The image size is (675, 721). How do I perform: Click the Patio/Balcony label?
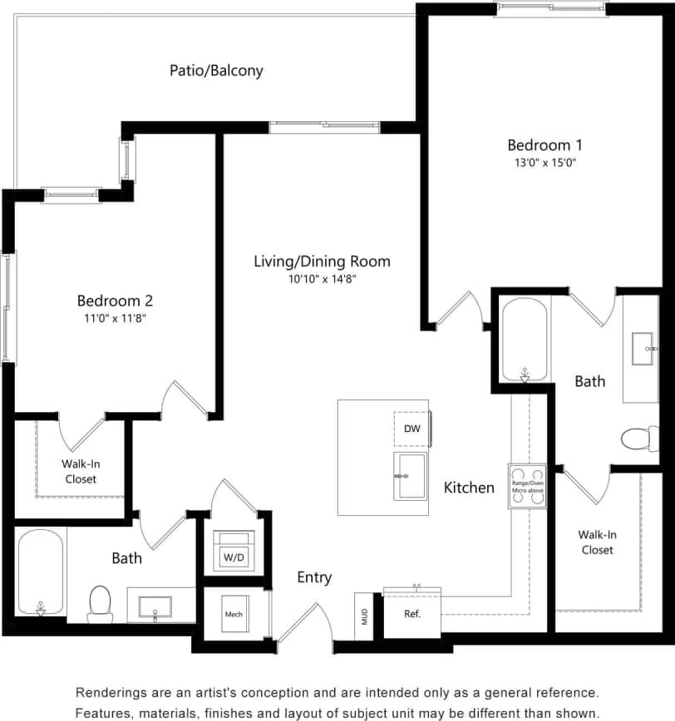pyautogui.click(x=216, y=71)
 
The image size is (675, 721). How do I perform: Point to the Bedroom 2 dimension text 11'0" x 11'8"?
pyautogui.click(x=115, y=318)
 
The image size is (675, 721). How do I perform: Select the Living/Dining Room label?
pyautogui.click(x=322, y=262)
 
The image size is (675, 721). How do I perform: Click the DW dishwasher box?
pyautogui.click(x=411, y=429)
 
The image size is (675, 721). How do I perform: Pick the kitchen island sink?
pyautogui.click(x=411, y=476)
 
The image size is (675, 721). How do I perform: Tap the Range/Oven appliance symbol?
pyautogui.click(x=528, y=486)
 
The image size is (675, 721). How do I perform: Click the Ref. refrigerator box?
pyautogui.click(x=411, y=615)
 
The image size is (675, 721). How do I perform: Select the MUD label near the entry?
pyautogui.click(x=364, y=616)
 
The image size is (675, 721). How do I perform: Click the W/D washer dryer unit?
pyautogui.click(x=233, y=550)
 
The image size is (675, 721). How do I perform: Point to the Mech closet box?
pyautogui.click(x=233, y=616)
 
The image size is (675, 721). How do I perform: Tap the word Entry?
pyautogui.click(x=314, y=577)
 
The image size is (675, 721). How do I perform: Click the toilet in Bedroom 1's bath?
pyautogui.click(x=639, y=438)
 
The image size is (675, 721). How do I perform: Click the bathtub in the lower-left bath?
pyautogui.click(x=40, y=572)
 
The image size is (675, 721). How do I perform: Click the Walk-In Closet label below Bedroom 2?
pyautogui.click(x=80, y=472)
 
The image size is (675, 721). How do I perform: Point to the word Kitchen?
pyautogui.click(x=469, y=488)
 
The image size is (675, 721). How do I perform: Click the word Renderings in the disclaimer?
pyautogui.click(x=112, y=693)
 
